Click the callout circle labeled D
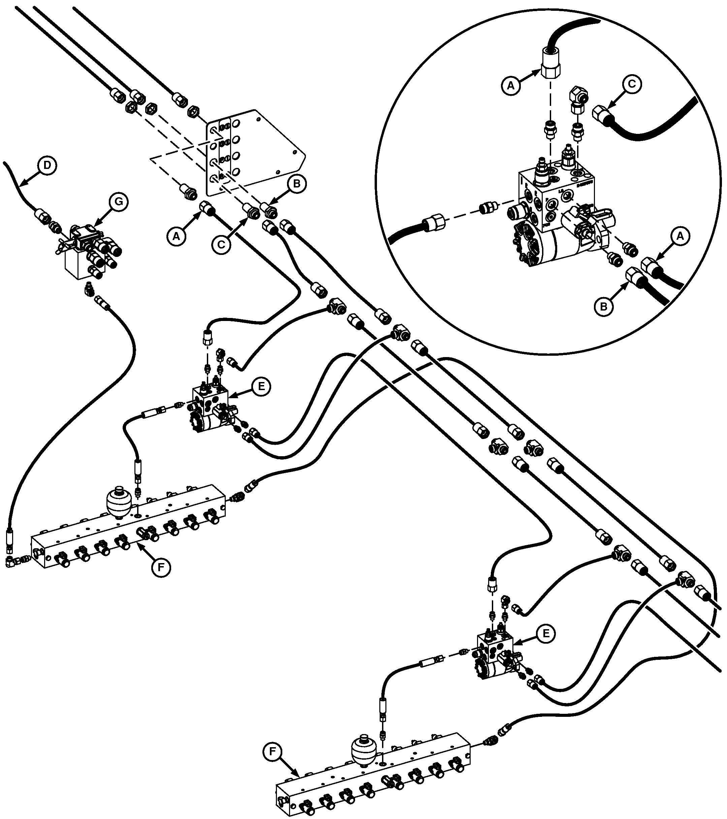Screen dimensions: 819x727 [47, 166]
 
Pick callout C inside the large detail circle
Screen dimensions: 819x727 [631, 84]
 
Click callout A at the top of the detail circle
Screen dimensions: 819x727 [510, 85]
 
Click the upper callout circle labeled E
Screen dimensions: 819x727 [261, 386]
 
